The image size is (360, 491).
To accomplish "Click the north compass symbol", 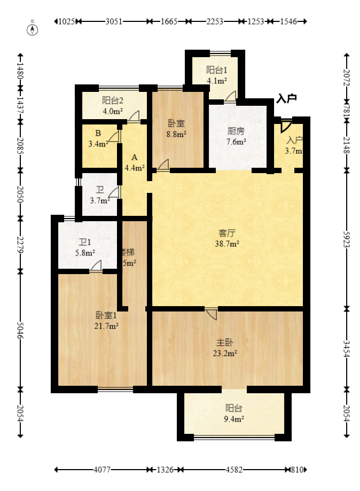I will [x=33, y=29].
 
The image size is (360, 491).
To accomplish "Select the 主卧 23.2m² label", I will [x=226, y=348].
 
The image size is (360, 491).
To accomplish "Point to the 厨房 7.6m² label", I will [x=236, y=136].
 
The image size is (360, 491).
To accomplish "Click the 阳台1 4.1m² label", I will [x=217, y=75].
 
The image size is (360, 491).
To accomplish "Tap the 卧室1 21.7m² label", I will [x=107, y=321].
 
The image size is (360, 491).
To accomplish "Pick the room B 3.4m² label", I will [x=98, y=138].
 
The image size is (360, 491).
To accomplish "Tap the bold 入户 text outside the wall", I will [x=286, y=98].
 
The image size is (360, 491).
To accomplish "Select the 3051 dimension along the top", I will [x=114, y=22].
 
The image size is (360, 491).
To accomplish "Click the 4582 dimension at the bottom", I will [x=234, y=470].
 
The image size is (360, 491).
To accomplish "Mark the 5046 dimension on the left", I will [x=20, y=331].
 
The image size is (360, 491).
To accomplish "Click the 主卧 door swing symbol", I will [x=212, y=313].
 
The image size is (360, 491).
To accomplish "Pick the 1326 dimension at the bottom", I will [x=166, y=470].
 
